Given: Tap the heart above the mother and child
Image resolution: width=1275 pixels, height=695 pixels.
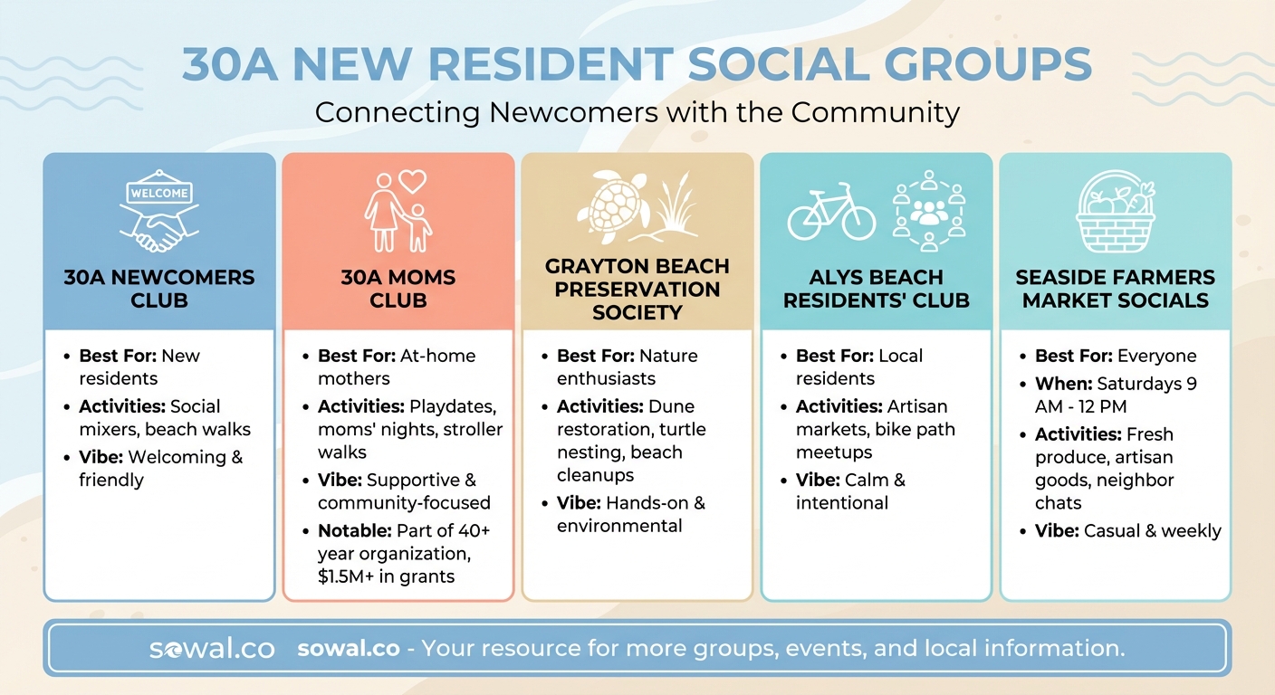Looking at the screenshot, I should (412, 181).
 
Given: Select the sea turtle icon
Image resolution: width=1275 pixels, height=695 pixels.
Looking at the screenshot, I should (613, 208).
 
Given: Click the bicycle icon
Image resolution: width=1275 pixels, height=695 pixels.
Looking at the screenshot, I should (831, 212).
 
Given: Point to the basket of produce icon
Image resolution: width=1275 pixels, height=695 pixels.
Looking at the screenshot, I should (1115, 214).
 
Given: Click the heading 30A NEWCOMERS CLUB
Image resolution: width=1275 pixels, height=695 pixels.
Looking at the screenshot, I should (159, 289).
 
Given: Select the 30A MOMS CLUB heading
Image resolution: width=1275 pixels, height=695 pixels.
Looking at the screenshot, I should (398, 289).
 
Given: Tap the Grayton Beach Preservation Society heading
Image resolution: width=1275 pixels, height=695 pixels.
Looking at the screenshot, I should (637, 289).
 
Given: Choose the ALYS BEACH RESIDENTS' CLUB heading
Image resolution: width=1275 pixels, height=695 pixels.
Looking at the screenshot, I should (877, 289).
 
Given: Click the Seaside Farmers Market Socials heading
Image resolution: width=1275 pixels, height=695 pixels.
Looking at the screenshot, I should (1116, 289).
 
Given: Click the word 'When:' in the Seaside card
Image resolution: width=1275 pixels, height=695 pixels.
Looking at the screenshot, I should (1063, 384).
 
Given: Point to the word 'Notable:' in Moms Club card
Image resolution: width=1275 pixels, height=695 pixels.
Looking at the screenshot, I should (354, 530).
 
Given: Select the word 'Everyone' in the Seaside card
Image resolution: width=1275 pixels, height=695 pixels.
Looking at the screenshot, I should (1157, 356).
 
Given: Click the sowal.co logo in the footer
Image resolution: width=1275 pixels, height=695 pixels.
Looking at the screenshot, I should (212, 649).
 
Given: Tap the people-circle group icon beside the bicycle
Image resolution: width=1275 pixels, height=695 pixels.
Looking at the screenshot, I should (928, 211).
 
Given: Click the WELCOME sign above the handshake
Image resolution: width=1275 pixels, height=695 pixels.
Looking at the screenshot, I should (159, 193).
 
